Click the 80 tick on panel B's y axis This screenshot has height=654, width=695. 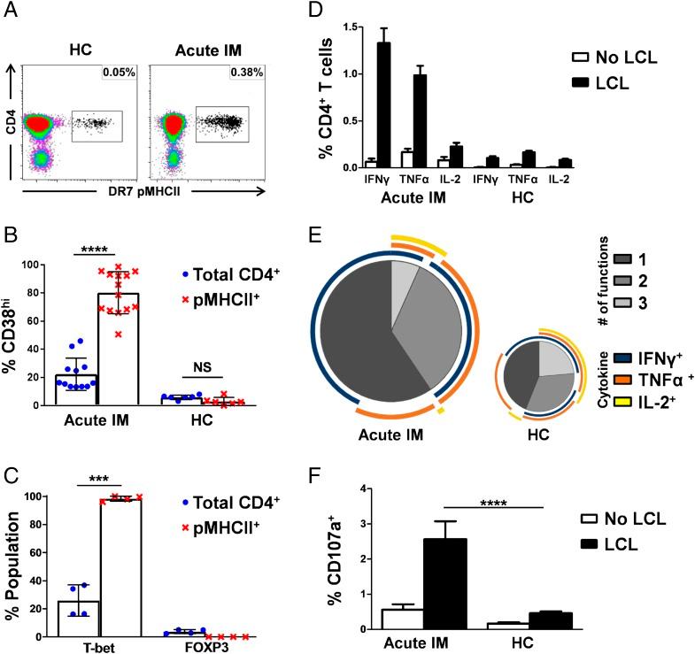point(35,293)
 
